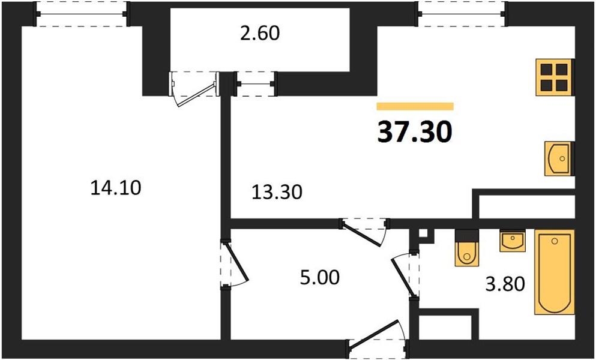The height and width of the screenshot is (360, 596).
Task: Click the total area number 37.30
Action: (415, 132)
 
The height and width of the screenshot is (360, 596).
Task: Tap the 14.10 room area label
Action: (116, 188)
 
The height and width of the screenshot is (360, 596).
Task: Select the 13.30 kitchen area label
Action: (277, 192)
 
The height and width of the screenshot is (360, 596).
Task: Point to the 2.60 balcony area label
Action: (260, 34)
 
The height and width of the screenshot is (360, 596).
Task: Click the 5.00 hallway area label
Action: (320, 278)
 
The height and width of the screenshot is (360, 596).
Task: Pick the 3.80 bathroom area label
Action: (505, 284)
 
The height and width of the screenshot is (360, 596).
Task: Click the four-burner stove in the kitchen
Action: (555, 77)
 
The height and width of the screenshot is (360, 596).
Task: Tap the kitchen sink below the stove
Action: (558, 158)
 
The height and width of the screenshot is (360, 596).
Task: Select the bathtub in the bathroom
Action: (554, 272)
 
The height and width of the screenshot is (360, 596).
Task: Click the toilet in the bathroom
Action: (467, 248)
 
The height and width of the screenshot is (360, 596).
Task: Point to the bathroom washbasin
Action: (513, 241)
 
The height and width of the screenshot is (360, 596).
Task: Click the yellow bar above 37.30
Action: (415, 106)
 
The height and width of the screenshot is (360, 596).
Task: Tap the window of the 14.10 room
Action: (82, 14)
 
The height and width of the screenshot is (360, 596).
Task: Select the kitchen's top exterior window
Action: (462, 14)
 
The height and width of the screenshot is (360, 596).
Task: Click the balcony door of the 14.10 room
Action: (194, 88)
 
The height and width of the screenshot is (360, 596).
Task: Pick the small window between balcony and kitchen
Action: (255, 83)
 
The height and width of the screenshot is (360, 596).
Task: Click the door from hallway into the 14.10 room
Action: (233, 264)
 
